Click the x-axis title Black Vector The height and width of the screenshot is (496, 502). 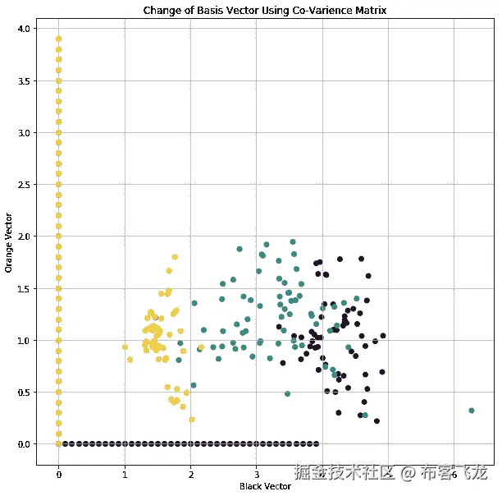pyautogui.click(x=264, y=486)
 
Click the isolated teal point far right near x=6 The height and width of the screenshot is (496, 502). pyautogui.click(x=471, y=411)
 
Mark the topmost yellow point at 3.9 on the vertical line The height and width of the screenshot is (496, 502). pyautogui.click(x=58, y=39)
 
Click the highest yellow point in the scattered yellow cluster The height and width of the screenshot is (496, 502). pyautogui.click(x=175, y=256)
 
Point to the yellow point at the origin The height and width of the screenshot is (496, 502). pyautogui.click(x=58, y=443)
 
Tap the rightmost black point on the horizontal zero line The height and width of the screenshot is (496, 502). pyautogui.click(x=317, y=443)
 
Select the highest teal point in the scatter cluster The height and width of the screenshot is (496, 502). pyautogui.click(x=267, y=245)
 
